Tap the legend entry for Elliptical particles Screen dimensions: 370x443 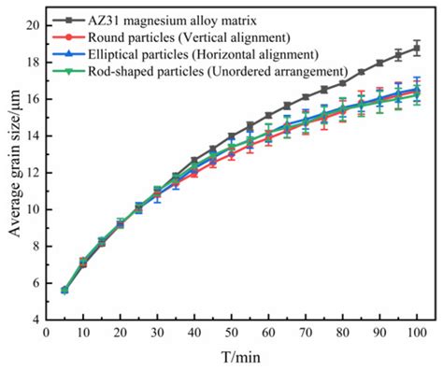[205, 55]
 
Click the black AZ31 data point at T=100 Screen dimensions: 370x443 [416, 49]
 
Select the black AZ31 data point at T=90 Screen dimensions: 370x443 [379, 64]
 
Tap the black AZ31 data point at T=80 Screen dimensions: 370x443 [342, 83]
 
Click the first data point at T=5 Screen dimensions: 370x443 [64, 291]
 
